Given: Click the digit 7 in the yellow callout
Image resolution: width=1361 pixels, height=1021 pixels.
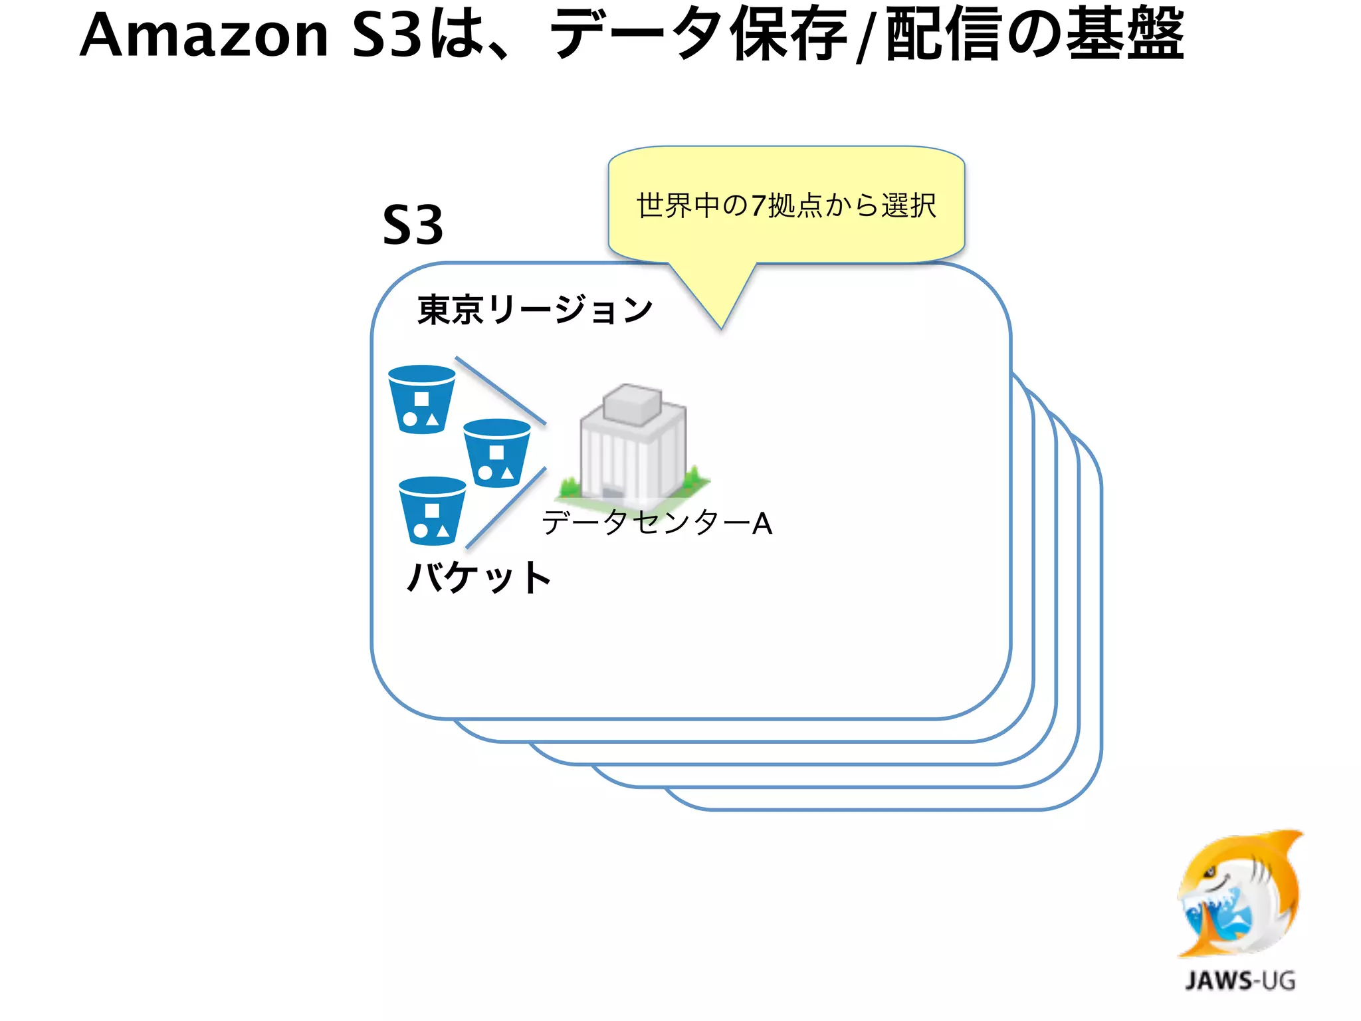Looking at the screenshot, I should [x=758, y=205].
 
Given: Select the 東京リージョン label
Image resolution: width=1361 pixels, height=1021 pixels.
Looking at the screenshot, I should [x=535, y=309].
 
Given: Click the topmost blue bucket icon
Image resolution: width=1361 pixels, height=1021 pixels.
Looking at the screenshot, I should [x=421, y=399].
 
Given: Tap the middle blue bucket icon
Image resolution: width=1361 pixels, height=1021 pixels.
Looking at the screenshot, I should [x=496, y=453].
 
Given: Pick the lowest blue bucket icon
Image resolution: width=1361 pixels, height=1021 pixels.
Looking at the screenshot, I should [x=432, y=510].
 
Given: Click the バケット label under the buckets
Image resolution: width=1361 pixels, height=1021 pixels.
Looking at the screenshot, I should [x=478, y=576].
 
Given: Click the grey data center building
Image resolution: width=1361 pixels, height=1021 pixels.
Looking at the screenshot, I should [x=633, y=444].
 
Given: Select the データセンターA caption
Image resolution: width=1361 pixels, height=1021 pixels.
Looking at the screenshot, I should [x=657, y=522].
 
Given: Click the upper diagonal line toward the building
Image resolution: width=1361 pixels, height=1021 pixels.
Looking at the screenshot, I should [x=500, y=390].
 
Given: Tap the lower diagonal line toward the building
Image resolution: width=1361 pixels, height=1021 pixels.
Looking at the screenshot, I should [x=506, y=507].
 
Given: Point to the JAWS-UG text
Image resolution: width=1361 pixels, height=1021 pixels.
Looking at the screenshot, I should [x=1240, y=980].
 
